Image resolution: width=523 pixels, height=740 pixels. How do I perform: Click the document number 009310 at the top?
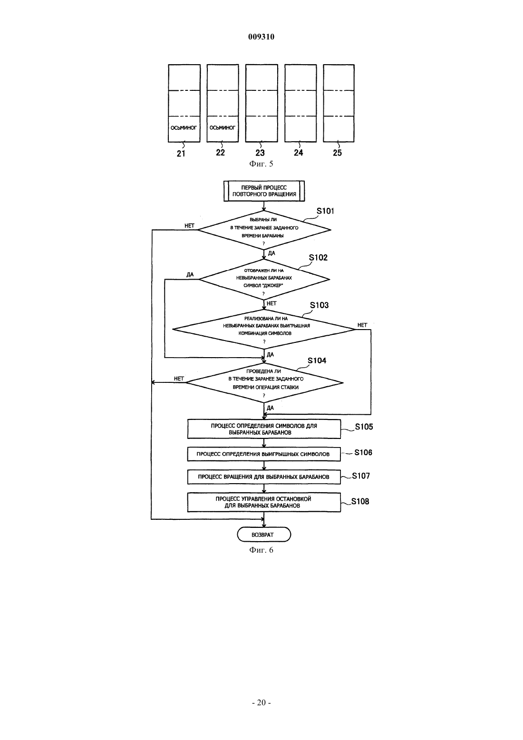261,37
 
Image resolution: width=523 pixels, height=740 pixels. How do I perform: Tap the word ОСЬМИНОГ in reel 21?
184,128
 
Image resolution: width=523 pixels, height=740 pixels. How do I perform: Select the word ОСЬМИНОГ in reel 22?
223,128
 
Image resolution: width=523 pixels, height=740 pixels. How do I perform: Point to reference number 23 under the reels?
260,153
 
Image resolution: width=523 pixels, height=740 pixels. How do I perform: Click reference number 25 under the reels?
338,153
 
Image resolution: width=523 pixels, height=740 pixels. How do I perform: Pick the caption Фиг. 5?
261,164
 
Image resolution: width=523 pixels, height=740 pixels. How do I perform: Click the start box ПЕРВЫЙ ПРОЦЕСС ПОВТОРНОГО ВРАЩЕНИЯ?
264,191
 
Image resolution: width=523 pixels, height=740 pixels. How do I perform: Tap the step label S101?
325,211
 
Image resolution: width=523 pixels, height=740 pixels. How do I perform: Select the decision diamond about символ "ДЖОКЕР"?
264,280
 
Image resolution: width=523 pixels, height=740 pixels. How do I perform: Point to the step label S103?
320,305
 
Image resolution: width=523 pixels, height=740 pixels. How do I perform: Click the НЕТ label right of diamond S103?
362,325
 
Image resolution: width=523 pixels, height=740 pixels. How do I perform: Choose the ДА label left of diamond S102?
190,274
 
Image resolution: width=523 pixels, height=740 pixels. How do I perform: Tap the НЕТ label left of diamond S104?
179,379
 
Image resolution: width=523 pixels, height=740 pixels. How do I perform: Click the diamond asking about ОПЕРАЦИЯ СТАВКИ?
264,383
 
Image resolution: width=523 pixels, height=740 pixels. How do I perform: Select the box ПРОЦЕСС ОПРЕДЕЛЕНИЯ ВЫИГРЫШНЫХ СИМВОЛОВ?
264,454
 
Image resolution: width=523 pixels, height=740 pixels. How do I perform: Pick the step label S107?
361,476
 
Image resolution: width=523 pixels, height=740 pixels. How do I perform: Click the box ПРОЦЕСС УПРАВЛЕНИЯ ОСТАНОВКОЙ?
264,502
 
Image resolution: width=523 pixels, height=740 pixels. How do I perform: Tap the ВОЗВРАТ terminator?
264,535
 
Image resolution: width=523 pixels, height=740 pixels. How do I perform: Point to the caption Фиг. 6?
261,550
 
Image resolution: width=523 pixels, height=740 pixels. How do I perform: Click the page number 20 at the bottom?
261,703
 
